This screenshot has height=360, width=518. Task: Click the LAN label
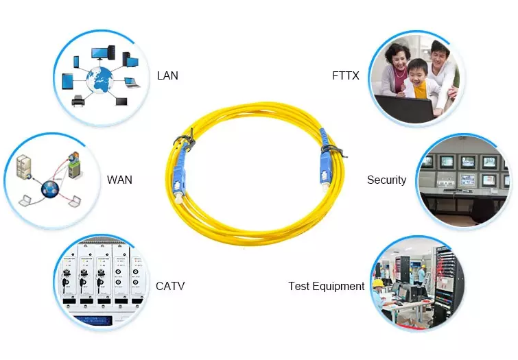point(167,75)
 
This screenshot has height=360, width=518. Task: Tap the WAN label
point(119,180)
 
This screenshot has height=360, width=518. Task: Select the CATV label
point(170,286)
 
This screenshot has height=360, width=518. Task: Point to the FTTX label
point(346,75)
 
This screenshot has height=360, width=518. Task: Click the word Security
point(386,180)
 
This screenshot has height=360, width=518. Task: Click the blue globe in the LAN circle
point(99,80)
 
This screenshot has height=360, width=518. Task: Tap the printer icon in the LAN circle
point(78,101)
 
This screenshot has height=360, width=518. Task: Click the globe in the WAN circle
point(50,189)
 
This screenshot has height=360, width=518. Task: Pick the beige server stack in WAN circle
point(25,167)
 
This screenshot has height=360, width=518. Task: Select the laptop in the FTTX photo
point(405,108)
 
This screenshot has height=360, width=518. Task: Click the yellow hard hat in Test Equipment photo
point(377,283)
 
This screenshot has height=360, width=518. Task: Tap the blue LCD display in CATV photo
point(93,320)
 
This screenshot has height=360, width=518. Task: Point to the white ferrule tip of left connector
point(179,199)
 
